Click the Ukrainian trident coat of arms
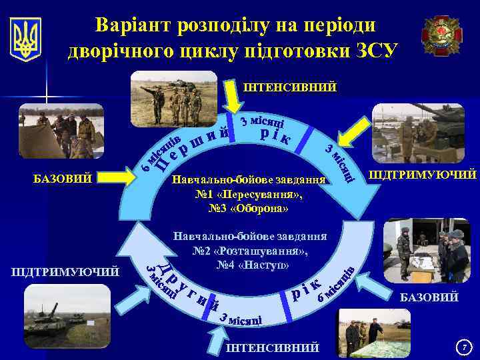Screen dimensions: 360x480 tap(26, 39)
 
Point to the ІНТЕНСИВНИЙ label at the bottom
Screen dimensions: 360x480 tap(272, 349)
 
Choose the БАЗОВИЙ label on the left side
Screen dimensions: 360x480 tap(63, 178)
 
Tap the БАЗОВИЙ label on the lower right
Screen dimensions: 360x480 tap(429, 297)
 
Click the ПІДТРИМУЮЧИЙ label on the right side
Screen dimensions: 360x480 tap(423, 175)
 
